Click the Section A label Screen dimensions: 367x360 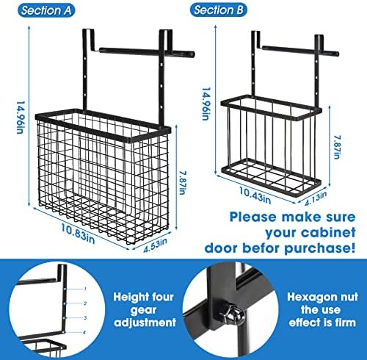click(46, 10)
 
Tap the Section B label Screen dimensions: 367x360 click(219, 10)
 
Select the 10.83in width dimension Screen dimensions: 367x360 click(78, 234)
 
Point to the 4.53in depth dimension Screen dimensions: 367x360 click(155, 245)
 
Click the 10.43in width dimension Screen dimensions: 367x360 click(255, 195)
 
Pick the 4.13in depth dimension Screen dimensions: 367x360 click(316, 199)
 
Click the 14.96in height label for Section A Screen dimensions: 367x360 click(21, 118)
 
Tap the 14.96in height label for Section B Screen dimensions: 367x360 click(206, 104)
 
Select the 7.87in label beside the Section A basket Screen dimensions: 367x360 click(182, 182)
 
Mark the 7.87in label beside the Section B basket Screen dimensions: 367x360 click(337, 147)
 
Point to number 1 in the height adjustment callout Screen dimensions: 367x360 click(85, 289)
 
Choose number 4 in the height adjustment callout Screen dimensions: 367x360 click(84, 332)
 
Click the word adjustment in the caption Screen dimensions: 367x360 click(145, 323)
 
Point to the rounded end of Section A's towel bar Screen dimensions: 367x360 click(192, 54)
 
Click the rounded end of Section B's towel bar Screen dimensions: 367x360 click(337, 54)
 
